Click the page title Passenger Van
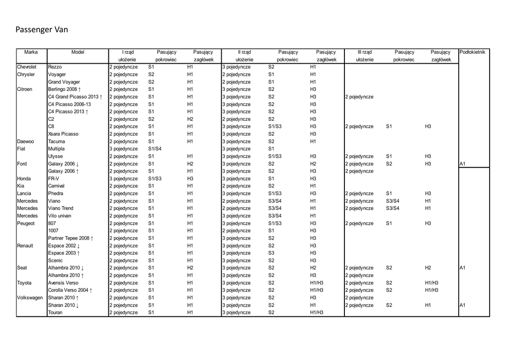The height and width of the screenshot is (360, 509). pyautogui.click(x=42, y=30)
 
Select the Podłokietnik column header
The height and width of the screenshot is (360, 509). pyautogui.click(x=475, y=52)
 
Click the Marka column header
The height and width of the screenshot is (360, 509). pyautogui.click(x=31, y=52)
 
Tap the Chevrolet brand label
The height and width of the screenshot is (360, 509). pyautogui.click(x=27, y=67)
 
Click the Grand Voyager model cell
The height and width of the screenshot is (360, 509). pyautogui.click(x=64, y=82)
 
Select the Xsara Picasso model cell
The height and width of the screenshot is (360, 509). pyautogui.click(x=63, y=134)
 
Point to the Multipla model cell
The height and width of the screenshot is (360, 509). pyautogui.click(x=56, y=149)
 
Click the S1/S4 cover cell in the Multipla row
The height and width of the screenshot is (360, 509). pyautogui.click(x=155, y=149)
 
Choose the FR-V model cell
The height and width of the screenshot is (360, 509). pyautogui.click(x=54, y=179)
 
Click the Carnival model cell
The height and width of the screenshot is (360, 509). pyautogui.click(x=56, y=186)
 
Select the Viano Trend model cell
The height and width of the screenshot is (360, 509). pyautogui.click(x=61, y=208)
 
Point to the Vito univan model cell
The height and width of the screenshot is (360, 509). pyautogui.click(x=60, y=216)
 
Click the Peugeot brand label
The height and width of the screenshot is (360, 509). pyautogui.click(x=26, y=223)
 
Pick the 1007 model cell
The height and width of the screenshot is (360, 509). pyautogui.click(x=53, y=231)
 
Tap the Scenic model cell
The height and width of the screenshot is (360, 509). pyautogui.click(x=55, y=261)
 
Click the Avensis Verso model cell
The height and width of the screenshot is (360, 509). pyautogui.click(x=63, y=283)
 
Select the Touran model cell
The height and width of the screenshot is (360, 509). pyautogui.click(x=56, y=313)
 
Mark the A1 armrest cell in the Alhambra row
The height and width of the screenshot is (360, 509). pyautogui.click(x=462, y=268)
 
